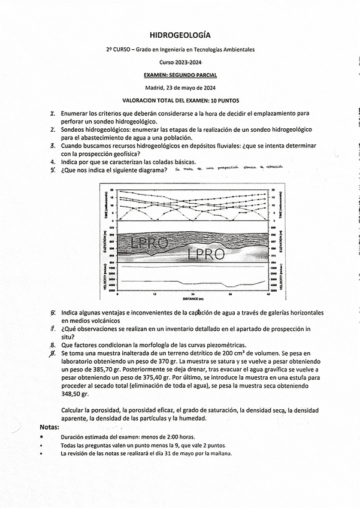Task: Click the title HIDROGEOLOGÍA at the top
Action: coord(180,37)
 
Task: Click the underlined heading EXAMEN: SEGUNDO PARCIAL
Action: coord(180,75)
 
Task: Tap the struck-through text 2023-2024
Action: coord(189,62)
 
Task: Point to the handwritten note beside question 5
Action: coord(228,169)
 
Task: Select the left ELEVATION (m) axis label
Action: coord(105,245)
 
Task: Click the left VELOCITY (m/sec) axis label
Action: coord(105,279)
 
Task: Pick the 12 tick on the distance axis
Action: coord(155,294)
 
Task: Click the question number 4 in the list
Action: coord(53,162)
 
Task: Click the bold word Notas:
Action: coord(49,427)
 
